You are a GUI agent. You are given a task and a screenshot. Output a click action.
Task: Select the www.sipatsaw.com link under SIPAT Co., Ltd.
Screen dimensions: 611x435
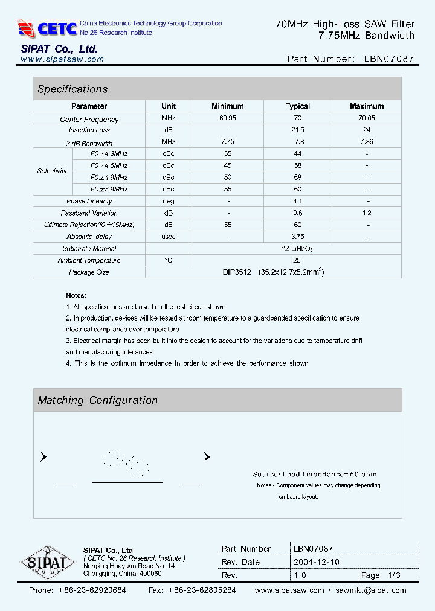(62, 59)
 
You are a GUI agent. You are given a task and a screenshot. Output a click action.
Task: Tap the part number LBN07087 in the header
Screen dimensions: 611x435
(390, 59)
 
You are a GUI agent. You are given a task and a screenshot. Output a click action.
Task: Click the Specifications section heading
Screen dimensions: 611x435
(72, 89)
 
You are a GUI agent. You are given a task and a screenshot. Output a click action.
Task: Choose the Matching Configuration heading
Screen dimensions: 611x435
(97, 400)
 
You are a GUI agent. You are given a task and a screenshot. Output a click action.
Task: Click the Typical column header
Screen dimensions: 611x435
(297, 106)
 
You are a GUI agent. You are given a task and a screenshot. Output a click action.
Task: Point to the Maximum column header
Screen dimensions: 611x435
(366, 106)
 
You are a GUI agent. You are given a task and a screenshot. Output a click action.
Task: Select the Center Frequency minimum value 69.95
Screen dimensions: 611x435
(228, 118)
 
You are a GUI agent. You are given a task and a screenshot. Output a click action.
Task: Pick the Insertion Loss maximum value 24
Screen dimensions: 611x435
(366, 130)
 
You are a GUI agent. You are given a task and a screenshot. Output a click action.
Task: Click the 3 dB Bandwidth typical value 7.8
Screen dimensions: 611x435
(297, 142)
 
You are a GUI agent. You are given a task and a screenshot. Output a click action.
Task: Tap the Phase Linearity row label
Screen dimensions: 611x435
(89, 201)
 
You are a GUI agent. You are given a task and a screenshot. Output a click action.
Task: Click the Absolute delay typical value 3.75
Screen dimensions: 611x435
(297, 237)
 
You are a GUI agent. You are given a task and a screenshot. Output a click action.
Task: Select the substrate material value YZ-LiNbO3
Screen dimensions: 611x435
(297, 249)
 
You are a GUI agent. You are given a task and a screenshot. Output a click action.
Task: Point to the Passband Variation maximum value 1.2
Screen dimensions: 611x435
(366, 213)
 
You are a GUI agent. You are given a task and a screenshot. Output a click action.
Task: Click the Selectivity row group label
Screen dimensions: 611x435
(52, 171)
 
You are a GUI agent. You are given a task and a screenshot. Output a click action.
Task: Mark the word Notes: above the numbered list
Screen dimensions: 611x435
(76, 295)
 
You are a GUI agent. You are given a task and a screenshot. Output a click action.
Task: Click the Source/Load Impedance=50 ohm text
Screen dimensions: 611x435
(314, 475)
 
